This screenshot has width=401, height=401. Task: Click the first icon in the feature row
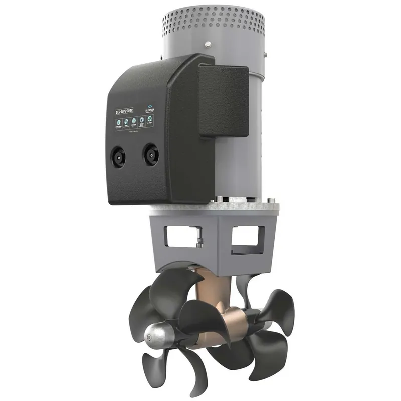118,123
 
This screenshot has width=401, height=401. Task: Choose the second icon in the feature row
126,122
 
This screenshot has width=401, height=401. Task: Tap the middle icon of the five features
134,121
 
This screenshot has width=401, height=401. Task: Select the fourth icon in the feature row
142,120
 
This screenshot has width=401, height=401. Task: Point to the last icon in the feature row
150,119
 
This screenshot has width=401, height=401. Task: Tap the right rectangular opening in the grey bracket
248,237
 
